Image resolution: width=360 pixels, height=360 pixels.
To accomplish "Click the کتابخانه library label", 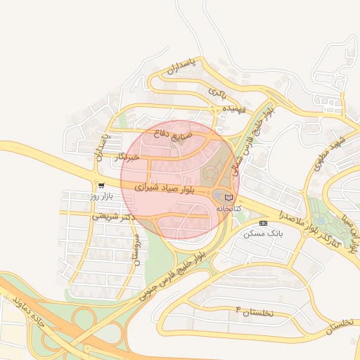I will pyautogui.click(x=229, y=209).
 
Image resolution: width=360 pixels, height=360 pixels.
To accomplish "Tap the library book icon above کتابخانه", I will pyautogui.click(x=229, y=198).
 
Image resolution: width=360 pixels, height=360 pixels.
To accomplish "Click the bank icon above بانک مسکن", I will pyautogui.click(x=263, y=222).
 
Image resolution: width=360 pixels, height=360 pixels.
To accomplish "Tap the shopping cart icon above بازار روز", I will pyautogui.click(x=102, y=186).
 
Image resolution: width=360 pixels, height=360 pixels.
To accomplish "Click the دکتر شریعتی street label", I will pyautogui.click(x=113, y=217).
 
